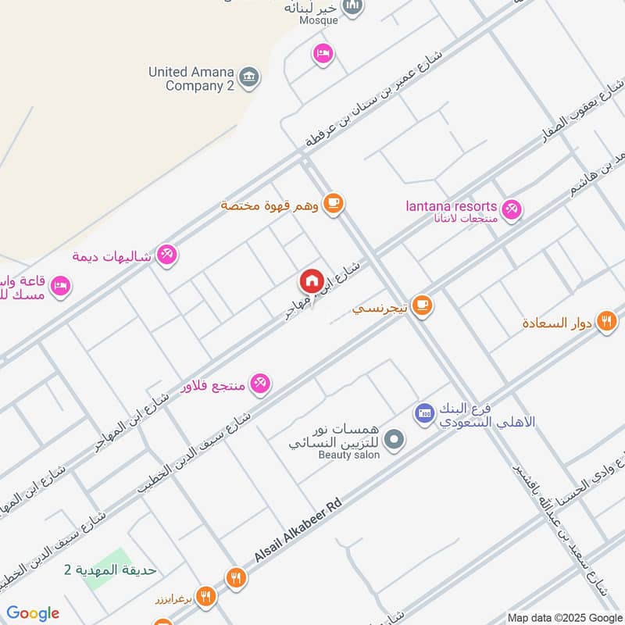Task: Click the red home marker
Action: [x=311, y=280]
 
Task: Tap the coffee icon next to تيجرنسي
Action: [x=423, y=305]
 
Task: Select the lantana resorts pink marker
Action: [x=512, y=209]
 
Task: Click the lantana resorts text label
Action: [x=452, y=205]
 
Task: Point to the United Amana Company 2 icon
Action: [x=249, y=76]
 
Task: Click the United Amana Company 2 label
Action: [x=191, y=79]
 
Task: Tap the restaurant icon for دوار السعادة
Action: [x=606, y=321]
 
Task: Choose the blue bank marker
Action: [x=424, y=412]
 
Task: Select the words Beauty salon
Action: [x=348, y=455]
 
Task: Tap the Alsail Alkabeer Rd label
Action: [x=298, y=533]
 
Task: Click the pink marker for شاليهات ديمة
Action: [x=166, y=254]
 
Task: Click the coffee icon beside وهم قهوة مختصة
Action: [x=334, y=203]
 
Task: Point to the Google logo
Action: [x=33, y=613]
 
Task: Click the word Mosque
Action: [x=319, y=20]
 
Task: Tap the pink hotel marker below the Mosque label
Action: [x=322, y=53]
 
